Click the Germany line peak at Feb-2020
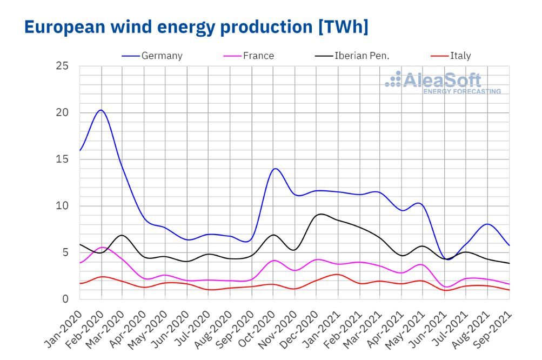pyautogui.click(x=101, y=110)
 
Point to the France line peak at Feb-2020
pyautogui.click(x=102, y=247)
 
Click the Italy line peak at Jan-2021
pyautogui.click(x=337, y=275)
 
